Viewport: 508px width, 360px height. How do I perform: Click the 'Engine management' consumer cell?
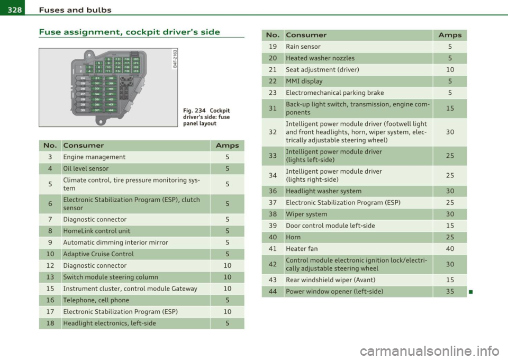point(94,157)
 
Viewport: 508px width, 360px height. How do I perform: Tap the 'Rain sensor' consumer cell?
point(304,46)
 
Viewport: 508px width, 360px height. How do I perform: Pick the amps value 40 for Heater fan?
point(448,248)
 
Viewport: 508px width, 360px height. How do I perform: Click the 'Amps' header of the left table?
point(226,145)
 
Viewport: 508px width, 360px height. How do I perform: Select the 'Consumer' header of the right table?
point(306,34)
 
